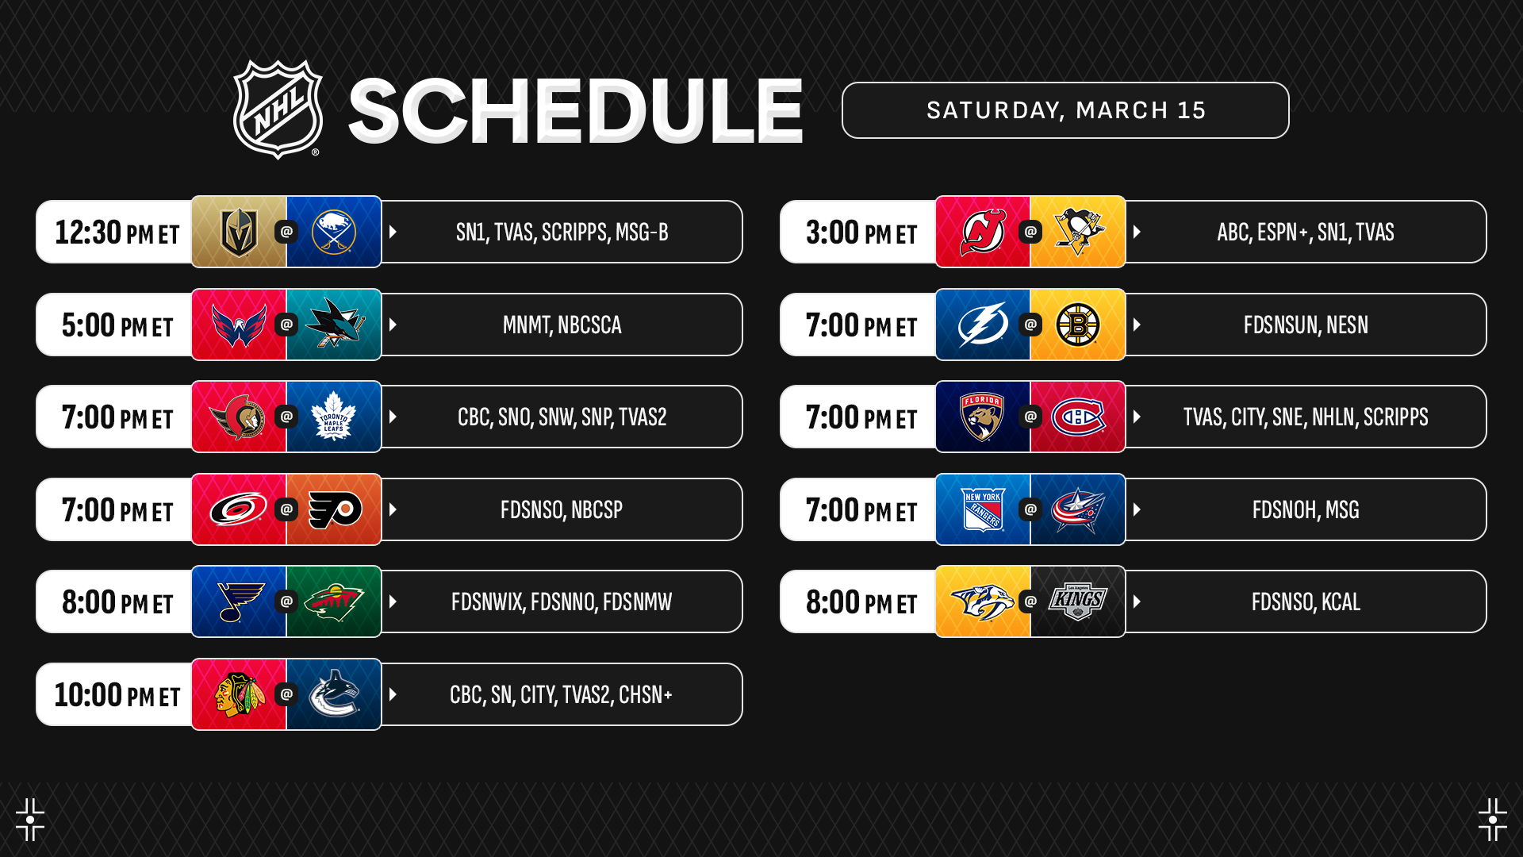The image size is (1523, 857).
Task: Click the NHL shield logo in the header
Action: [278, 110]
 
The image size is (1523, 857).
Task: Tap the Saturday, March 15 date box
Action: [1065, 110]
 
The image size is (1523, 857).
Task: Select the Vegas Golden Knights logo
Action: [239, 232]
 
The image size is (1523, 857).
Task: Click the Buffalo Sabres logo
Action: [334, 232]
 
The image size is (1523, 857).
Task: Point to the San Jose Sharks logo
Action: [335, 324]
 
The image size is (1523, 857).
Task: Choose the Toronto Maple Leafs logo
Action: [334, 417]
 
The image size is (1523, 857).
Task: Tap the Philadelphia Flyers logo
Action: [335, 509]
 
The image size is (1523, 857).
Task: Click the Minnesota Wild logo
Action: [334, 602]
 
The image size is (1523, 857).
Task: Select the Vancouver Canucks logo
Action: [334, 694]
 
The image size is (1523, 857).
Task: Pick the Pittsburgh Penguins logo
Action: [1078, 232]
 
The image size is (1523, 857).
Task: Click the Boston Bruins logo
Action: [1078, 325]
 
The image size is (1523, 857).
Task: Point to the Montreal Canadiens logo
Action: [1078, 417]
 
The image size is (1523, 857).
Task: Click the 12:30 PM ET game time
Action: [117, 233]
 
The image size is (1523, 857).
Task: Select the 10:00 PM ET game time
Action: [117, 695]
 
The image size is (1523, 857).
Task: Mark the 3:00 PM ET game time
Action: [861, 233]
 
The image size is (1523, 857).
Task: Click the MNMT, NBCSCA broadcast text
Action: [562, 325]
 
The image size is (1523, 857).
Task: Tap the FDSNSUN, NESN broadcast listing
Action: [1306, 325]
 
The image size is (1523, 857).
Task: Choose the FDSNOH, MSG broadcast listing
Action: [1306, 510]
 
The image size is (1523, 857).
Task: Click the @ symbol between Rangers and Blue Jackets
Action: [1030, 509]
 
